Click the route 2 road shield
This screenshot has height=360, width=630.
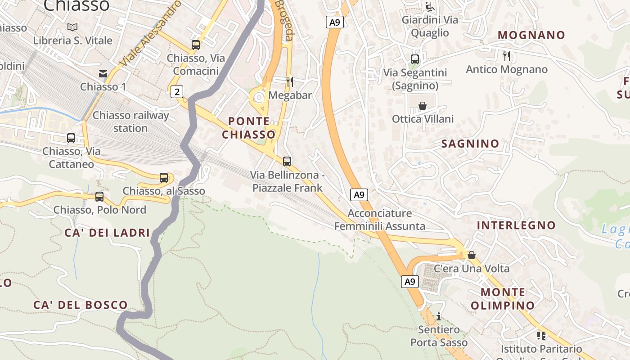pyautogui.click(x=177, y=92)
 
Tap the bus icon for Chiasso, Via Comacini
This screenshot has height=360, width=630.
pyautogui.click(x=196, y=45)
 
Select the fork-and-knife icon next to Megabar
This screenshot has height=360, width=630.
pyautogui.click(x=290, y=81)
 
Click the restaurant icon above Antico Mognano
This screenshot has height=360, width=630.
pyautogui.click(x=507, y=56)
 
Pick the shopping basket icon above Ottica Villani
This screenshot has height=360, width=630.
pyautogui.click(x=423, y=106)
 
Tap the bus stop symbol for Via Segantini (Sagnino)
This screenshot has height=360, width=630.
pyautogui.click(x=415, y=59)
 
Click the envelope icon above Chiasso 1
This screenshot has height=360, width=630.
pyautogui.click(x=103, y=73)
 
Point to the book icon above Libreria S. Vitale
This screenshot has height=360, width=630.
pyautogui.click(x=72, y=27)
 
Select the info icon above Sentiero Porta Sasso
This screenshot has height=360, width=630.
pyautogui.click(x=439, y=316)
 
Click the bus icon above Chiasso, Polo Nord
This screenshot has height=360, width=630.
pyautogui.click(x=99, y=197)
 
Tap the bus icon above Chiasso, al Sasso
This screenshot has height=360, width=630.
pyautogui.click(x=164, y=178)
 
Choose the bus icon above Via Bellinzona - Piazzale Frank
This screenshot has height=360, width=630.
pyautogui.click(x=287, y=162)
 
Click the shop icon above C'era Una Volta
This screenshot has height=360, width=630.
pyautogui.click(x=472, y=255)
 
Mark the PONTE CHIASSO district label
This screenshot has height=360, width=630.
pyautogui.click(x=249, y=128)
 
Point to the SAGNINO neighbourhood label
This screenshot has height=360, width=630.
pyautogui.click(x=470, y=144)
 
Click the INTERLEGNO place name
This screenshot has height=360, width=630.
pyautogui.click(x=516, y=225)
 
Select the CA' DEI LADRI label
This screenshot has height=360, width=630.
pyautogui.click(x=107, y=233)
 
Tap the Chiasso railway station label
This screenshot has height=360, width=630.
pyautogui.click(x=130, y=122)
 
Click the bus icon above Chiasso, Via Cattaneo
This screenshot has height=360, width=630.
pyautogui.click(x=71, y=138)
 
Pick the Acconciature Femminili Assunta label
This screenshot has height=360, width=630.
pyautogui.click(x=380, y=220)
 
